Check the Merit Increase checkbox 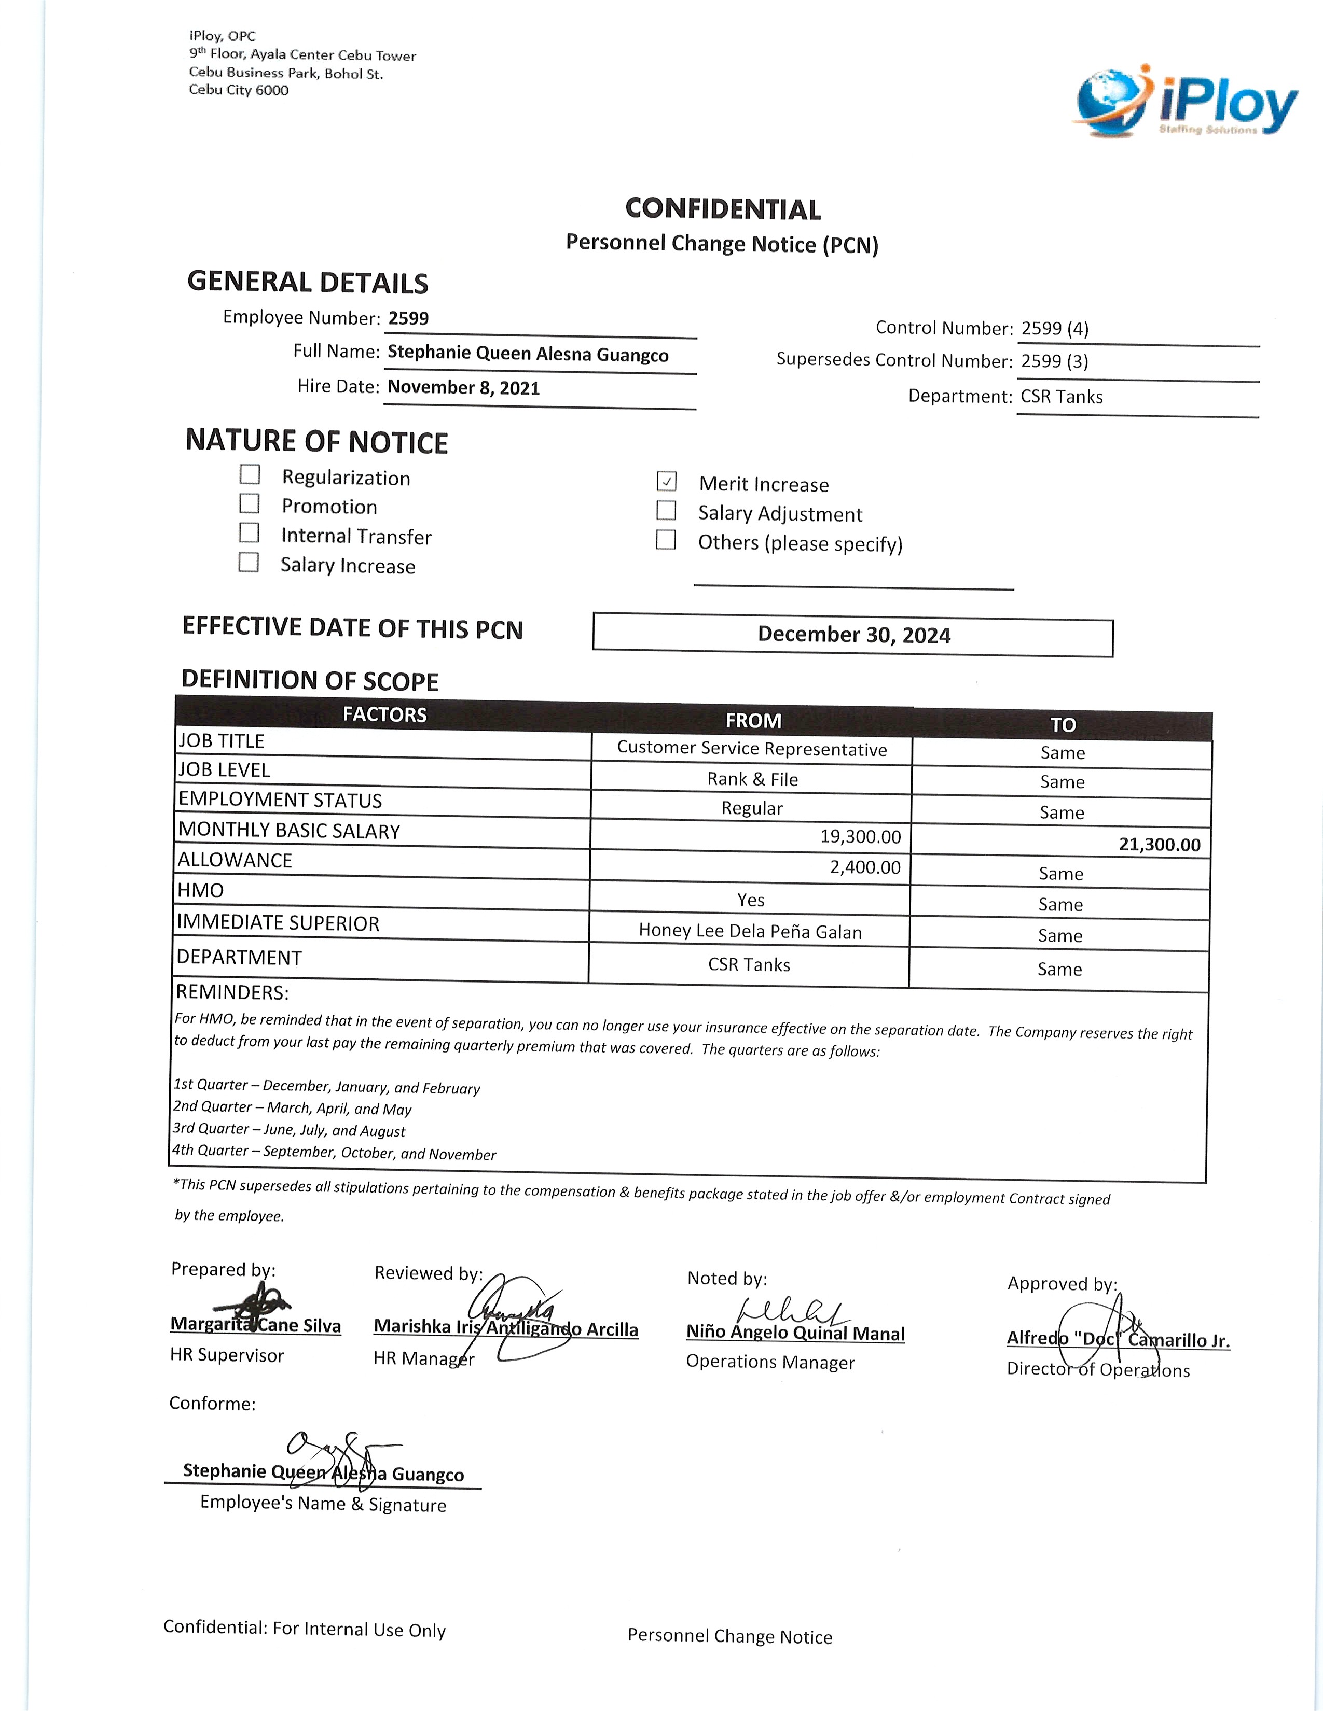666,481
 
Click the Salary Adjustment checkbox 666,511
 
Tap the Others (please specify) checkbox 666,540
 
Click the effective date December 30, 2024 853,635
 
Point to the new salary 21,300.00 1159,845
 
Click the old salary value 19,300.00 860,837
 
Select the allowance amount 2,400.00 865,867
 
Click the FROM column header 752,720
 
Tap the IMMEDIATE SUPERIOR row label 278,923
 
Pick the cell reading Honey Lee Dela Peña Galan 750,932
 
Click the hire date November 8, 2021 463,388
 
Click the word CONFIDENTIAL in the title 723,209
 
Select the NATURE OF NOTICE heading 316,442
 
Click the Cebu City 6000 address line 238,90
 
